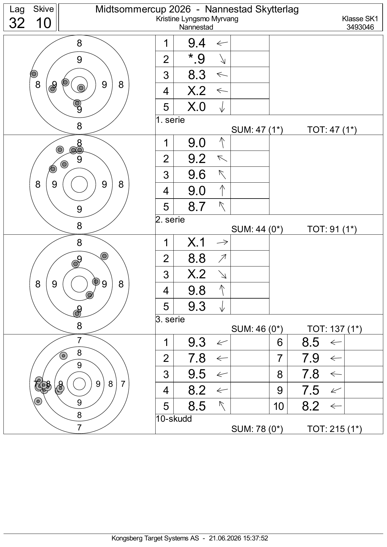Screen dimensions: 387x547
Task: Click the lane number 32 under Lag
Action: click(x=17, y=23)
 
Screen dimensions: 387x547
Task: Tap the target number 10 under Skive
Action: click(x=43, y=23)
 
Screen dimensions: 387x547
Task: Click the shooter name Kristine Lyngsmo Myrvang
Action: click(x=197, y=19)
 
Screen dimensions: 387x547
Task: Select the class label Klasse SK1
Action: click(x=360, y=19)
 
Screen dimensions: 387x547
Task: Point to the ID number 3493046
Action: click(x=360, y=27)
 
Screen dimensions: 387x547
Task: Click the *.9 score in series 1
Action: click(x=197, y=59)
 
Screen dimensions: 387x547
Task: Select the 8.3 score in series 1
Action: click(x=197, y=75)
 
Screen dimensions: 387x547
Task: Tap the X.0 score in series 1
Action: click(x=197, y=107)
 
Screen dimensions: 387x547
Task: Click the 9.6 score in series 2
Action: click(x=197, y=175)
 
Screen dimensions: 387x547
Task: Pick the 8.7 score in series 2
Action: click(x=197, y=206)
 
